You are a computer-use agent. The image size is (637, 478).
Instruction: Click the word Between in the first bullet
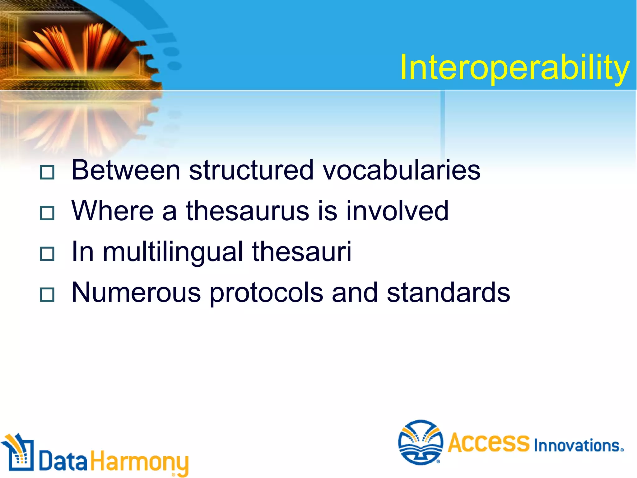pyautogui.click(x=126, y=170)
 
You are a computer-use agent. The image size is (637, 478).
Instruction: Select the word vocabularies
pyautogui.click(x=402, y=170)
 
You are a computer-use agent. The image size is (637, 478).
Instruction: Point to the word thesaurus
pyautogui.click(x=247, y=211)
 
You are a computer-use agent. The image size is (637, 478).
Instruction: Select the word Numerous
pyautogui.click(x=136, y=293)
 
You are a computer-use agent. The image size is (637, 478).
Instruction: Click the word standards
pyautogui.click(x=448, y=293)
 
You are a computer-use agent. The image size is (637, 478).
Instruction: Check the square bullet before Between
pyautogui.click(x=47, y=172)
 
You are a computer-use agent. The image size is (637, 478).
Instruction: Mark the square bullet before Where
pyautogui.click(x=47, y=213)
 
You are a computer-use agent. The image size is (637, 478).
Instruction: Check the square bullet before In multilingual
pyautogui.click(x=47, y=254)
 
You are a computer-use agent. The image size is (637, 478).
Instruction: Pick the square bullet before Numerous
pyautogui.click(x=47, y=295)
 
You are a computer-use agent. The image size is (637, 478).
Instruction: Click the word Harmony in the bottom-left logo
pyautogui.click(x=139, y=462)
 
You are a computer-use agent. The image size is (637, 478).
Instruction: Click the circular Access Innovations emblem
pyautogui.click(x=421, y=442)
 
